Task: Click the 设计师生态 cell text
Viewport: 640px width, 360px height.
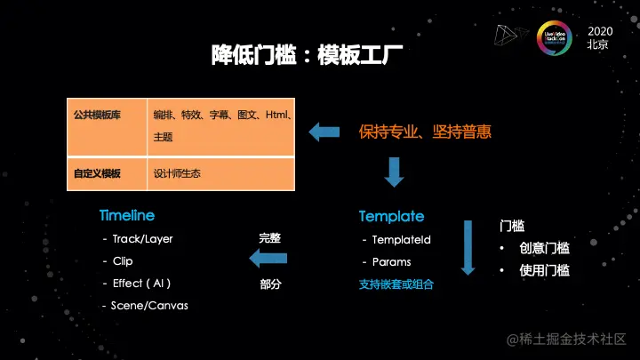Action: pyautogui.click(x=177, y=173)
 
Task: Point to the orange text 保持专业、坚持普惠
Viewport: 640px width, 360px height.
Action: pyautogui.click(x=425, y=132)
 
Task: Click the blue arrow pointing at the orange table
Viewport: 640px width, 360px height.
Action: pyautogui.click(x=325, y=132)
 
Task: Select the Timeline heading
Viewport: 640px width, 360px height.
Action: pyautogui.click(x=126, y=216)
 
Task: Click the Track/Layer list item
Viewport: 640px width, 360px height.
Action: pyautogui.click(x=142, y=239)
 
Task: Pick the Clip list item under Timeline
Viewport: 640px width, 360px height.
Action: pyautogui.click(x=122, y=261)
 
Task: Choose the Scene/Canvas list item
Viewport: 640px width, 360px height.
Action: pyautogui.click(x=149, y=306)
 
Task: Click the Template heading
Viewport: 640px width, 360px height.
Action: pyautogui.click(x=391, y=216)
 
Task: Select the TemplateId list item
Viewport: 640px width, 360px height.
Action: pyautogui.click(x=401, y=240)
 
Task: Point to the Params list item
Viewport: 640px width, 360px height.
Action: pyautogui.click(x=391, y=262)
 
